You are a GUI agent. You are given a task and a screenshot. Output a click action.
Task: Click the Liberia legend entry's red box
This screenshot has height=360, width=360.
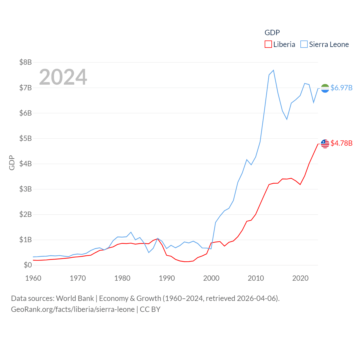pos(268,44)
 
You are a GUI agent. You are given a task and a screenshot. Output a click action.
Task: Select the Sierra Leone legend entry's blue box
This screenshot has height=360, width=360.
pos(304,44)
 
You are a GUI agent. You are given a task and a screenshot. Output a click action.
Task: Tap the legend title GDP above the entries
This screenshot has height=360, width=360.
pos(272,33)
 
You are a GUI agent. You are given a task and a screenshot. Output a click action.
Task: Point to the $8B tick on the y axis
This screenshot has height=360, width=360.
pos(25,62)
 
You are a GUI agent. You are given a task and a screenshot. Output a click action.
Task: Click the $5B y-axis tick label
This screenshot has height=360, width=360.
pos(25,138)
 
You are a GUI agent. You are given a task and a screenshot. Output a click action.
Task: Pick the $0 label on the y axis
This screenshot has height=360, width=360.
pos(28,265)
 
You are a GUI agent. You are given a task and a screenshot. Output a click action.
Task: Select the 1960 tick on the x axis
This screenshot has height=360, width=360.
pos(33,278)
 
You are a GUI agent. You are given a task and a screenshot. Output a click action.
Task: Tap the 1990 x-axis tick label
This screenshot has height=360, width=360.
pos(167,278)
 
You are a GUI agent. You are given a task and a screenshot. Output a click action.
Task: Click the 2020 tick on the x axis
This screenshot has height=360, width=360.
pos(300,278)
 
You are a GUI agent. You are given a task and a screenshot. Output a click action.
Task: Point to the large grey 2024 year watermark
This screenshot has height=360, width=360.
pos(63,77)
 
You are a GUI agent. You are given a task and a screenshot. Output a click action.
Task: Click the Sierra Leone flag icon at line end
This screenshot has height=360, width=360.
pos(325,88)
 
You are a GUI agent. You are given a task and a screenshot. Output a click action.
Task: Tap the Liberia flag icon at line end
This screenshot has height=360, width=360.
pos(325,144)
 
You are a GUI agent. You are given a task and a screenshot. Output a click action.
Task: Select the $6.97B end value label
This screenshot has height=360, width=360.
pos(341,88)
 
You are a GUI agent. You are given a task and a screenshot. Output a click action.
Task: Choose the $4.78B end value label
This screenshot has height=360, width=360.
pos(341,143)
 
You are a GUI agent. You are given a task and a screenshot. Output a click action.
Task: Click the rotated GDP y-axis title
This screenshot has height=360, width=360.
pos(12,163)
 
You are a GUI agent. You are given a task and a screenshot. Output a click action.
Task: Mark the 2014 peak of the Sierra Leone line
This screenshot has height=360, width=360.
pos(273,70)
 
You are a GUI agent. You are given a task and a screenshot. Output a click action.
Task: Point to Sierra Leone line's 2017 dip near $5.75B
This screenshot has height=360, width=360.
pos(287,119)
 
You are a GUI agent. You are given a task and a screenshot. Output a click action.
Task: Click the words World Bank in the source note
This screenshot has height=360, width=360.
pos(75,298)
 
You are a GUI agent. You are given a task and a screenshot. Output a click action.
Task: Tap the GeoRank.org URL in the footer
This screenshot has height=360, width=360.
pos(73,309)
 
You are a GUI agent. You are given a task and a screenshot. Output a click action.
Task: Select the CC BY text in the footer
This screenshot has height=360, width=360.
pos(150,309)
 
